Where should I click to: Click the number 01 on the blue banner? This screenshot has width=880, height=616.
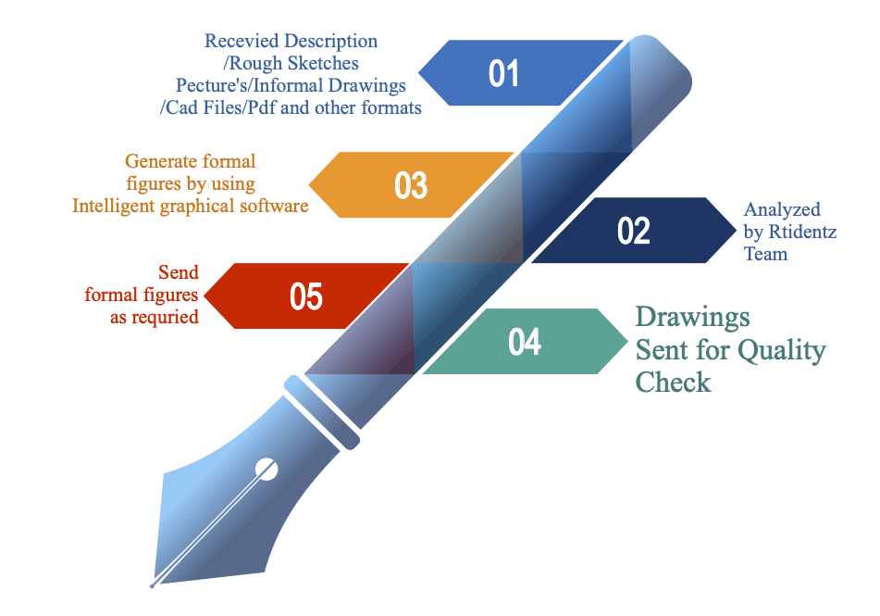pyautogui.click(x=503, y=73)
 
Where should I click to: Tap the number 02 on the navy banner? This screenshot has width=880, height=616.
pyautogui.click(x=634, y=231)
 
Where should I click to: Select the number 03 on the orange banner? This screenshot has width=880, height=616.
pyautogui.click(x=411, y=185)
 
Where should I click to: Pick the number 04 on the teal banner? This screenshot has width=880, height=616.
pyautogui.click(x=525, y=342)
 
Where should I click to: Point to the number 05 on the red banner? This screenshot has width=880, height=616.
pyautogui.click(x=306, y=296)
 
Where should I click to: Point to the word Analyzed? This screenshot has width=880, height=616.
pyautogui.click(x=782, y=210)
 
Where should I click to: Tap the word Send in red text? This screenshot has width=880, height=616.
pyautogui.click(x=179, y=273)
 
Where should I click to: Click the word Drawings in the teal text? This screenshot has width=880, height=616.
pyautogui.click(x=692, y=317)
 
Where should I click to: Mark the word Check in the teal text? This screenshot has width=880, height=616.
pyautogui.click(x=673, y=382)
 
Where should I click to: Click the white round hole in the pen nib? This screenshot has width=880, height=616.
pyautogui.click(x=266, y=469)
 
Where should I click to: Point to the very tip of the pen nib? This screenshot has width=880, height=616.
pyautogui.click(x=153, y=585)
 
